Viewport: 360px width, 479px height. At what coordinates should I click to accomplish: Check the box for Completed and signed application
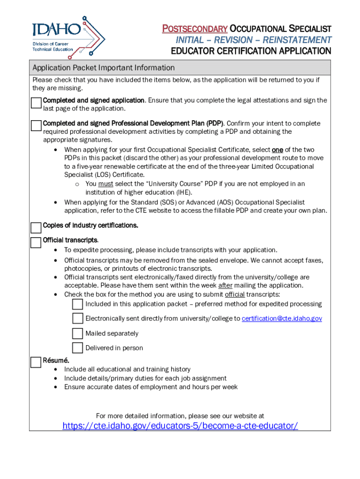[36, 103]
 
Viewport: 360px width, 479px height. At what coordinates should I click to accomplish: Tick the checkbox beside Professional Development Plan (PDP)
[36, 126]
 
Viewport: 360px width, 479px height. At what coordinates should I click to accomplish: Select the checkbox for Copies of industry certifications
[36, 228]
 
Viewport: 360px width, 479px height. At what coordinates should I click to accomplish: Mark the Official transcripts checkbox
[36, 242]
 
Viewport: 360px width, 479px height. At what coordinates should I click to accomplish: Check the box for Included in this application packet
[78, 305]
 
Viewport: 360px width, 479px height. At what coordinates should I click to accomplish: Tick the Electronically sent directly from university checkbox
[78, 319]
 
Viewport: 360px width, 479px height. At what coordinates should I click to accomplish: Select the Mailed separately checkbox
[78, 334]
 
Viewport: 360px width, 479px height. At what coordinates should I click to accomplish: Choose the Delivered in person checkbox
[78, 348]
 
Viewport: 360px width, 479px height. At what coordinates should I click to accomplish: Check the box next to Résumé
[36, 363]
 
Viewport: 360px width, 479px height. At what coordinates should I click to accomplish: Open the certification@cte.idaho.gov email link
[281, 319]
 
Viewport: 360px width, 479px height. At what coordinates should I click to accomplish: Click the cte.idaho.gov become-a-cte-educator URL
[180, 426]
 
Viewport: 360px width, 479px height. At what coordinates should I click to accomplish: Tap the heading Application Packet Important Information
[103, 68]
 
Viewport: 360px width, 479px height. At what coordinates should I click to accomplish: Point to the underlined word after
[225, 285]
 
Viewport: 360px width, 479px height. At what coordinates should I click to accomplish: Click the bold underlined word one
[277, 150]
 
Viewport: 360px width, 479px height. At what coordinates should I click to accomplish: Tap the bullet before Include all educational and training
[56, 370]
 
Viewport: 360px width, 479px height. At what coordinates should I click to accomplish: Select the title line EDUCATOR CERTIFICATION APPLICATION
[251, 51]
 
